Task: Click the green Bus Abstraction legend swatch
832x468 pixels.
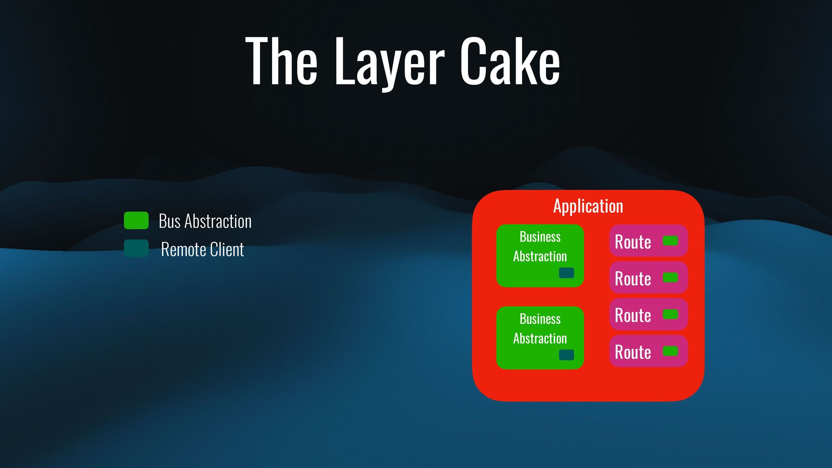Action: [136, 221]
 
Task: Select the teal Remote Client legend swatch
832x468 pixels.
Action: [136, 248]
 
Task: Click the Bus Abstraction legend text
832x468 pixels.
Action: [205, 221]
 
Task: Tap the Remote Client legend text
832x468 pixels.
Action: [202, 249]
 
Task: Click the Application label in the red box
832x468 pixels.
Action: [588, 206]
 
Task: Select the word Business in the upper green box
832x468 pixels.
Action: [540, 237]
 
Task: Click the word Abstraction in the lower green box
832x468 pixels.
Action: [540, 338]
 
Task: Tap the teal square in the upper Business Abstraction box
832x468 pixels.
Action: [566, 273]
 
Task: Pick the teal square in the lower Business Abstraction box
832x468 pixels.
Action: [566, 355]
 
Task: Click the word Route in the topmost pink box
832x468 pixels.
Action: [633, 241]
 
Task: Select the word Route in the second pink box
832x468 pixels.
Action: [633, 278]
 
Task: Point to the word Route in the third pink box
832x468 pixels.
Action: [633, 315]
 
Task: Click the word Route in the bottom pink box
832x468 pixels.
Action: [633, 352]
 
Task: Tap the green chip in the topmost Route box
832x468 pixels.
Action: [670, 240]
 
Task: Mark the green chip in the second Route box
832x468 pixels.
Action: [670, 277]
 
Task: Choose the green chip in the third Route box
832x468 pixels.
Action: [670, 314]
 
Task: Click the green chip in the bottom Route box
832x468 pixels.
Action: [670, 351]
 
